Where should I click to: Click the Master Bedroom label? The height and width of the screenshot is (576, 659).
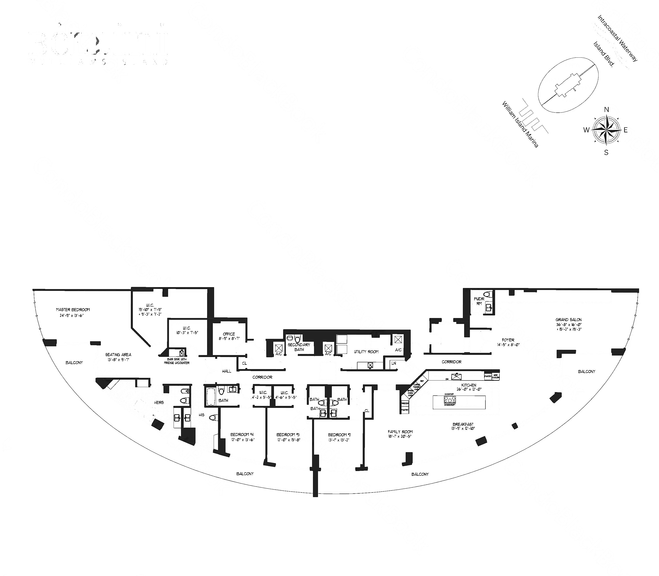pyautogui.click(x=73, y=309)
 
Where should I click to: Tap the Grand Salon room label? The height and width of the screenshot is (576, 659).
pyautogui.click(x=568, y=320)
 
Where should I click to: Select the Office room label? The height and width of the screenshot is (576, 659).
pyautogui.click(x=229, y=334)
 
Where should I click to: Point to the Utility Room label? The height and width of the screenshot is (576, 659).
pyautogui.click(x=366, y=352)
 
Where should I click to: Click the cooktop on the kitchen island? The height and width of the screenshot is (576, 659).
pyautogui.click(x=449, y=400)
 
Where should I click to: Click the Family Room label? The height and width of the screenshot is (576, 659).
pyautogui.click(x=400, y=432)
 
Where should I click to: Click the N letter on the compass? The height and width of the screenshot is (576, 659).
pyautogui.click(x=606, y=110)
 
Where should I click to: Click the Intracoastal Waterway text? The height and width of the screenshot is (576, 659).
pyautogui.click(x=617, y=38)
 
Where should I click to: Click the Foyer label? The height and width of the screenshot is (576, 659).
pyautogui.click(x=508, y=340)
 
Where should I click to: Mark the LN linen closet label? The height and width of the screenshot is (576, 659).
pyautogui.click(x=394, y=363)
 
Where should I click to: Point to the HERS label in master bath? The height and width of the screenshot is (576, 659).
pyautogui.click(x=159, y=402)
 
